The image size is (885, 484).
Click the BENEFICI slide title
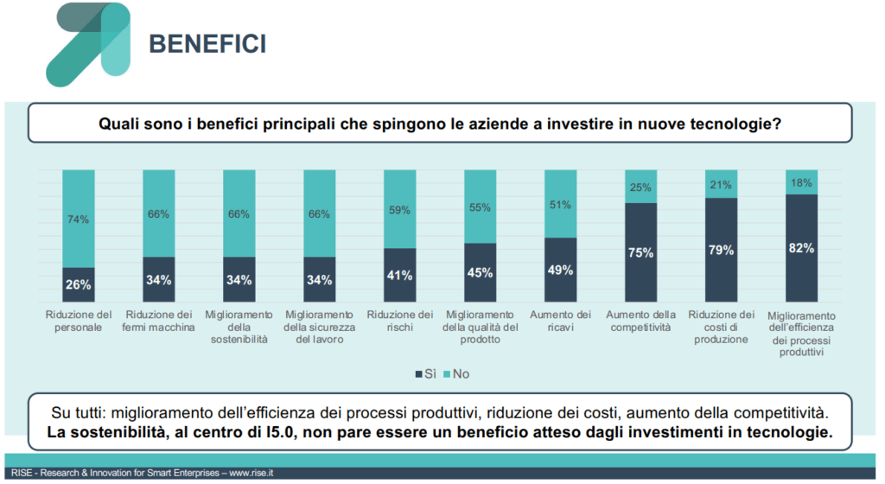[207, 42]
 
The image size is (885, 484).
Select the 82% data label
[801, 247]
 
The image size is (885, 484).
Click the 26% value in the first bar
[78, 284]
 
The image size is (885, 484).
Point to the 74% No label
[78, 220]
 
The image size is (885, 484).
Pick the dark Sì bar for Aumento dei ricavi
[560, 269]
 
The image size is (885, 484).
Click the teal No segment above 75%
[640, 187]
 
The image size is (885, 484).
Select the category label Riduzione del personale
[78, 322]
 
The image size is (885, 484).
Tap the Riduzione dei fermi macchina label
[158, 322]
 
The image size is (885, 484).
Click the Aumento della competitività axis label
[640, 322]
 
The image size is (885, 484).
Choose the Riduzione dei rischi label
[399, 322]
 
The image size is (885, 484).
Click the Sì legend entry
[424, 374]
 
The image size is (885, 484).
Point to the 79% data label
[721, 250]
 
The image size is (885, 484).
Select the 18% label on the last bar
[801, 182]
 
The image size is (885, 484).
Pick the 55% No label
[480, 207]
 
